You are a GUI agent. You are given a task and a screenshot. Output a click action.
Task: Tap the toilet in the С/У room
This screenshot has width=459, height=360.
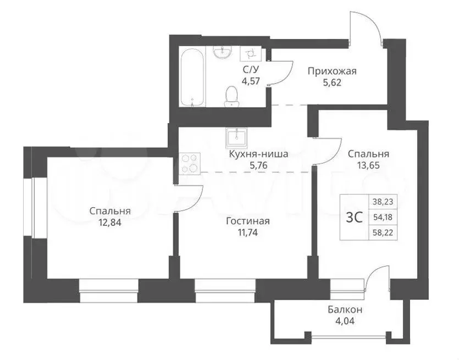click(x=232, y=96)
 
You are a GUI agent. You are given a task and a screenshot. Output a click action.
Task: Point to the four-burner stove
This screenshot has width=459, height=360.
click(x=190, y=164)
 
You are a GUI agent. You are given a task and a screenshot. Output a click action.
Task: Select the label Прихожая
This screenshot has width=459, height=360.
click(x=332, y=71)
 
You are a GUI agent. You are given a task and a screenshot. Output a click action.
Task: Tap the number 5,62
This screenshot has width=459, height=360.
click(x=332, y=83)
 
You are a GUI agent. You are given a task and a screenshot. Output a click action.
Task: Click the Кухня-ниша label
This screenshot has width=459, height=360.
click(x=258, y=154)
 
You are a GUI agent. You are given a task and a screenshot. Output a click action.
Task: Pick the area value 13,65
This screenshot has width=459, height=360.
click(x=368, y=165)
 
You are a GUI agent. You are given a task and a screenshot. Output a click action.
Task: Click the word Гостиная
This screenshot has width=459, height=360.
click(x=248, y=221)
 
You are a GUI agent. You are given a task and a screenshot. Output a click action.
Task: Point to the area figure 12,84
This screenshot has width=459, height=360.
click(x=110, y=223)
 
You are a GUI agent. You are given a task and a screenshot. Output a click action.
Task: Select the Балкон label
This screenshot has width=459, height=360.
click(x=345, y=309)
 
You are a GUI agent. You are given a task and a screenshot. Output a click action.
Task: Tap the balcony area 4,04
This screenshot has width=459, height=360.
click(x=345, y=321)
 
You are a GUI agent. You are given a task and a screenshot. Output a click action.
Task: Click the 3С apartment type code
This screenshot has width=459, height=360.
click(x=354, y=218)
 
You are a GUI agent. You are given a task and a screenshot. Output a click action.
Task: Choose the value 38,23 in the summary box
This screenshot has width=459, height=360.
click(x=383, y=202)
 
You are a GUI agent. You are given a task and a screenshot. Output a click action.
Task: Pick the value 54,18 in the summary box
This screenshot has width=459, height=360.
click(x=383, y=217)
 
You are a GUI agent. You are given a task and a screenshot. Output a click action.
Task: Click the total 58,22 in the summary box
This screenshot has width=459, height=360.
click(x=383, y=233)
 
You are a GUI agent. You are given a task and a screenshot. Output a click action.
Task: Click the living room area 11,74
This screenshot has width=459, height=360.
click(x=248, y=232)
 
